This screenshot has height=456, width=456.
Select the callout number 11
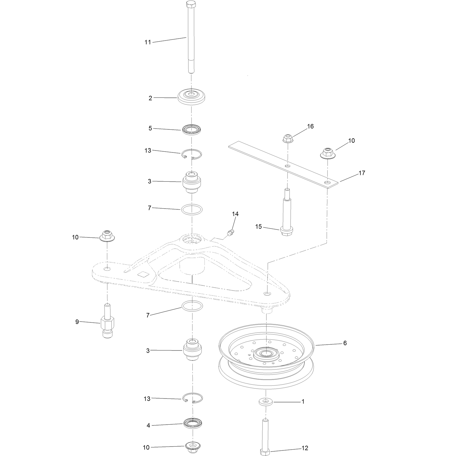[148, 42]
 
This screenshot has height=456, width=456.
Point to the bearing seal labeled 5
[192, 130]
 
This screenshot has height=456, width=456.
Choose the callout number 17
[362, 173]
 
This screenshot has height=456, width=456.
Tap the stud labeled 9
[107, 321]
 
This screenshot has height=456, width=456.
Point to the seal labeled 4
[193, 425]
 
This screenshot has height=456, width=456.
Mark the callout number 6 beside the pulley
[345, 343]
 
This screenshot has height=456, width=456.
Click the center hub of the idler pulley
[266, 354]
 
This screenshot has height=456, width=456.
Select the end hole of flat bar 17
[328, 183]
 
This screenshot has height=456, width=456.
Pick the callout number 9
[77, 322]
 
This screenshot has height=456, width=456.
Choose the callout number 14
[235, 214]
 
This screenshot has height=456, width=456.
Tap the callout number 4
[148, 425]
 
